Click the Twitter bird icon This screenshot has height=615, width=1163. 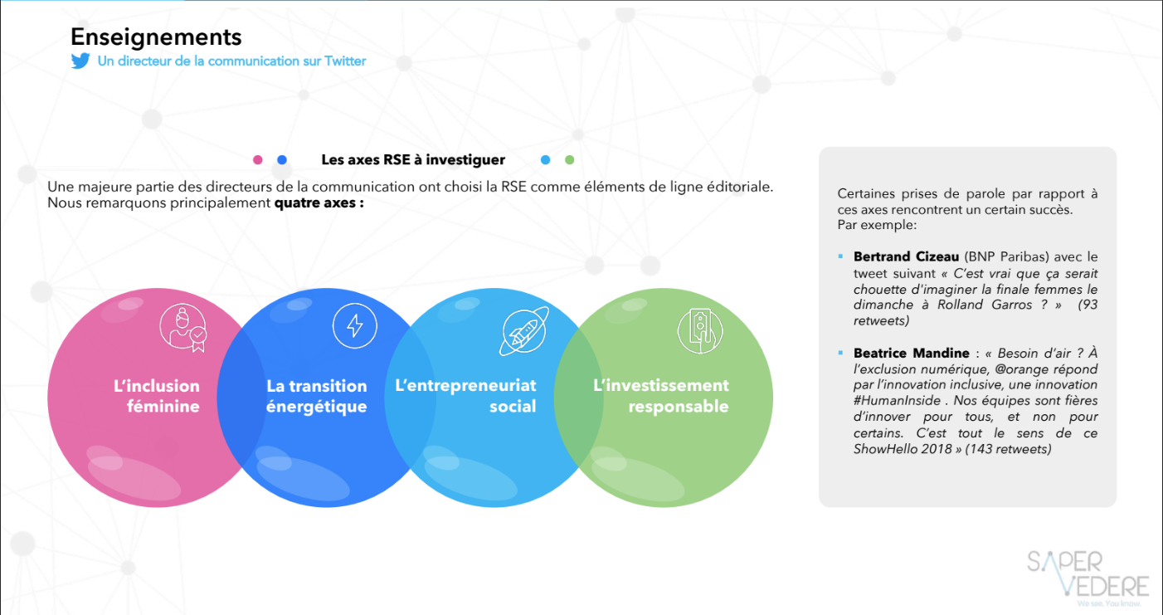[x=80, y=61]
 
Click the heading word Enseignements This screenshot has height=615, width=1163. [x=156, y=37]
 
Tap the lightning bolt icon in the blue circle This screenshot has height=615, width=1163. [x=354, y=325]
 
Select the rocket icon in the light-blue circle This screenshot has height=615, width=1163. [x=524, y=331]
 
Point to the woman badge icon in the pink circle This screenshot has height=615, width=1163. [x=183, y=328]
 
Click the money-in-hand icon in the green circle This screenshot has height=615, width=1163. [x=700, y=331]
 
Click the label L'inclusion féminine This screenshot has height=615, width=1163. [x=156, y=396]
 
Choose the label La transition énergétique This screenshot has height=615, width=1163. [x=317, y=396]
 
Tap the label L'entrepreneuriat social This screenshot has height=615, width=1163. [x=465, y=395]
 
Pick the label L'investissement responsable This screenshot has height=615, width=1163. [x=661, y=395]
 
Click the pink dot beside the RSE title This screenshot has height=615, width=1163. [x=257, y=160]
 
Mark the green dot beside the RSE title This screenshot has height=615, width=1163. [x=570, y=160]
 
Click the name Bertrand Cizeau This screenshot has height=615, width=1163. [x=906, y=256]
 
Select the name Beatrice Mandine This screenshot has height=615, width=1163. [x=911, y=354]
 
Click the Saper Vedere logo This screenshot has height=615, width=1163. [x=1088, y=578]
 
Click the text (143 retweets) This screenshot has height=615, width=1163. [x=1008, y=449]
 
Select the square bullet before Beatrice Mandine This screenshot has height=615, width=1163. [x=840, y=354]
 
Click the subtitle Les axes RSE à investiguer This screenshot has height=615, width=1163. [x=413, y=160]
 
